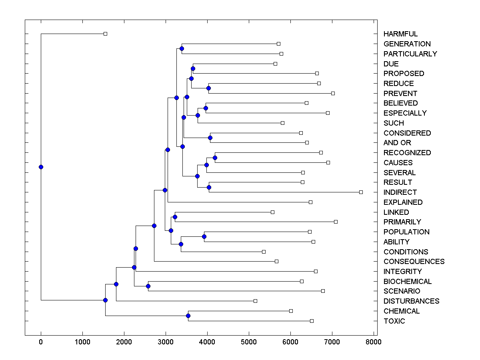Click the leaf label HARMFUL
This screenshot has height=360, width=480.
(400, 34)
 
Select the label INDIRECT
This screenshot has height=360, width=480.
(400, 192)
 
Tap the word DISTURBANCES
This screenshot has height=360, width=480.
(411, 301)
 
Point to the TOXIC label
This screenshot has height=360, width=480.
(394, 321)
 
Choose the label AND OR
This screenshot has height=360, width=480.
(397, 143)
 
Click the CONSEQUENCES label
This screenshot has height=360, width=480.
(414, 262)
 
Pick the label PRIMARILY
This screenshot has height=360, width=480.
(402, 222)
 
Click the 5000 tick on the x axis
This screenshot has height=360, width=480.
(249, 342)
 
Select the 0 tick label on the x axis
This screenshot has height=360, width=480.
(41, 342)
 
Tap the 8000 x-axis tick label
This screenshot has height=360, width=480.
(374, 342)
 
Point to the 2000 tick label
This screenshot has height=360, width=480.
(124, 342)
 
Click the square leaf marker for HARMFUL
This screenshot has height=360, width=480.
(105, 34)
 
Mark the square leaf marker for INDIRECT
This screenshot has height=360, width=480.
(361, 192)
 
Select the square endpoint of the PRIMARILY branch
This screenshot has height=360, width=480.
(336, 222)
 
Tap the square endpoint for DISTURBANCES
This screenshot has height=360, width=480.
(255, 301)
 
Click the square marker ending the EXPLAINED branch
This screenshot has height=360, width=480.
(310, 202)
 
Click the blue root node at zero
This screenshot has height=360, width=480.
(41, 167)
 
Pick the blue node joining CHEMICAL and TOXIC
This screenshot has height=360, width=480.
(188, 316)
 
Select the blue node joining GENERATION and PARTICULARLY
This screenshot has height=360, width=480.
(182, 49)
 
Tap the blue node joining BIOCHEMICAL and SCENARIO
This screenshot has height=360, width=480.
(148, 286)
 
